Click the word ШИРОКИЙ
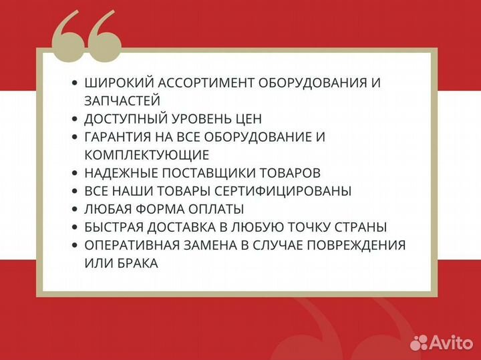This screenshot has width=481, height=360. (x=118, y=83)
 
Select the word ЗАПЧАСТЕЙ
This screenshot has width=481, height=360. (x=122, y=101)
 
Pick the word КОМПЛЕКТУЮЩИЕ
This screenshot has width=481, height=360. (x=147, y=155)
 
